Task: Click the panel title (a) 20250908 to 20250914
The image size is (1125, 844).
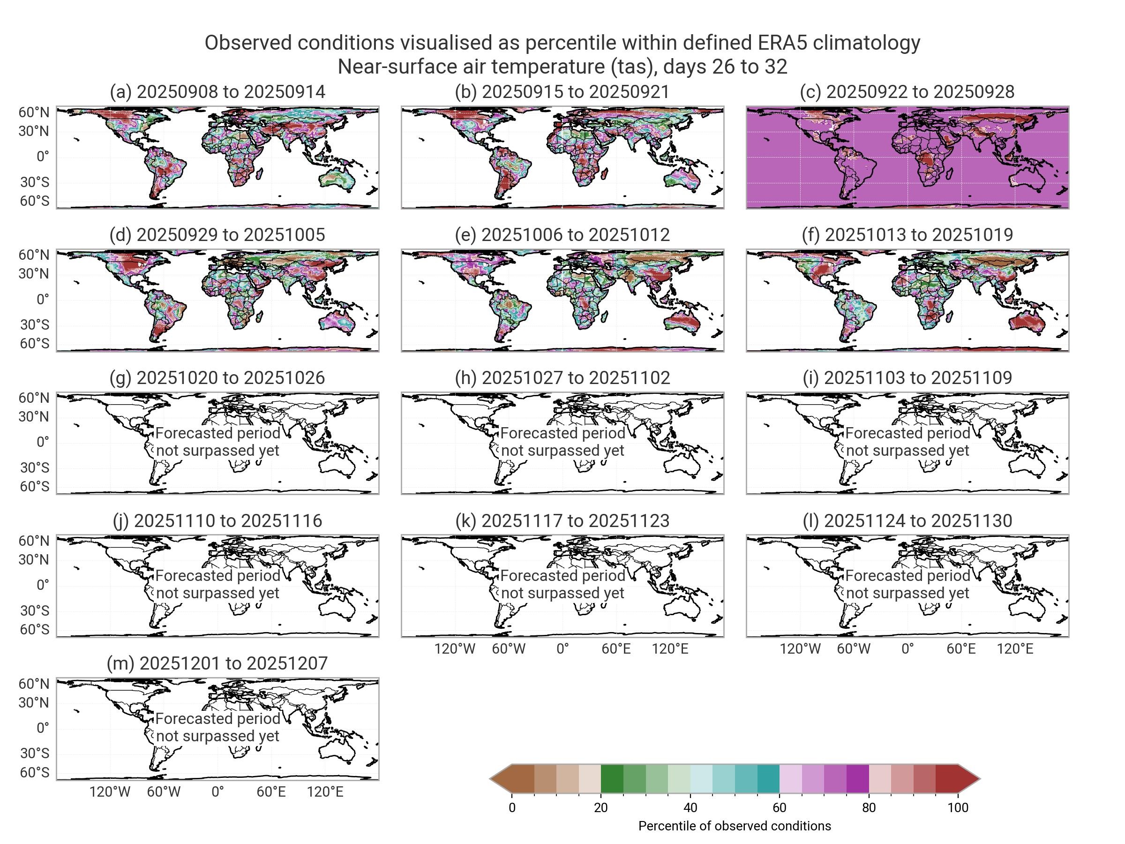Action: point(217,91)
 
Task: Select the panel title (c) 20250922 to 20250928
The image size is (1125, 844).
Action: point(907,91)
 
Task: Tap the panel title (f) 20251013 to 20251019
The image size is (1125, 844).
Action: point(907,234)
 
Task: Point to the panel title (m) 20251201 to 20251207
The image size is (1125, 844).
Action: point(217,663)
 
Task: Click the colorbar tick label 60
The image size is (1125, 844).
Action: point(779,808)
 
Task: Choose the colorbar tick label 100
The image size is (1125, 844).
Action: point(958,808)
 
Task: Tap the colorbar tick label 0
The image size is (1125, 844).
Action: point(512,808)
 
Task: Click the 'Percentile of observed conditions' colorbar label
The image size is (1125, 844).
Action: point(735,826)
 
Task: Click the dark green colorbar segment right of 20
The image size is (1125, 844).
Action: point(612,779)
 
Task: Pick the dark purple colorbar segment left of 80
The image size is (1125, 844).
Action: point(857,779)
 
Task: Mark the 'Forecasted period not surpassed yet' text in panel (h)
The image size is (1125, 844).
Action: point(562,442)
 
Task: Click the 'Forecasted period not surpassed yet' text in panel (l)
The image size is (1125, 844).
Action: point(907,584)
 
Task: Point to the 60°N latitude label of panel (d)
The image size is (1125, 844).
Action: point(34,255)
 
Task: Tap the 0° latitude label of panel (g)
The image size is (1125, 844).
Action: point(43,442)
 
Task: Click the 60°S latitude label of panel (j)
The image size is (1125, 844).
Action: point(35,630)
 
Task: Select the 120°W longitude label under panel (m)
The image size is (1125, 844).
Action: point(110,792)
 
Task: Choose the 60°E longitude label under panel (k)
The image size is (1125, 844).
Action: point(616,649)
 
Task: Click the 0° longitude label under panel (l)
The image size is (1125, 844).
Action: point(907,649)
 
